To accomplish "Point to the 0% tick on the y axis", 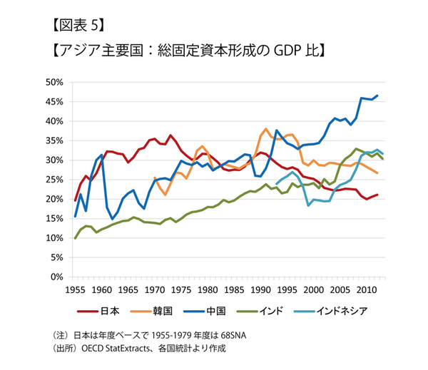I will [58, 277].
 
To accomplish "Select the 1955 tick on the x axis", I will [75, 290].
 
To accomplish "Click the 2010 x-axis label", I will [365, 290].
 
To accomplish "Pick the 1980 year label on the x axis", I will [207, 290].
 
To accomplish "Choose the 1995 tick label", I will [286, 290].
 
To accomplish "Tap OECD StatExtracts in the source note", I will [115, 349].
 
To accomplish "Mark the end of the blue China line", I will [378, 96].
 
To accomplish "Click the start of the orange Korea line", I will [154, 178].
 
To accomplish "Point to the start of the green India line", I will [75, 238].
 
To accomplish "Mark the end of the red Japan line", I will [378, 195].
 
